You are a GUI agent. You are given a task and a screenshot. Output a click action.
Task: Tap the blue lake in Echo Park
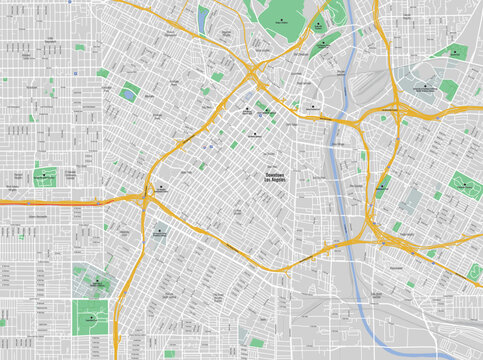pyautogui.click(x=203, y=19)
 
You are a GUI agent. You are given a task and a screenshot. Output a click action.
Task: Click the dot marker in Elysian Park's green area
pyautogui.click(x=319, y=22)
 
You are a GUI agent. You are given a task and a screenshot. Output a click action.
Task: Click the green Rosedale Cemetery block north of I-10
pyautogui.click(x=44, y=177)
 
